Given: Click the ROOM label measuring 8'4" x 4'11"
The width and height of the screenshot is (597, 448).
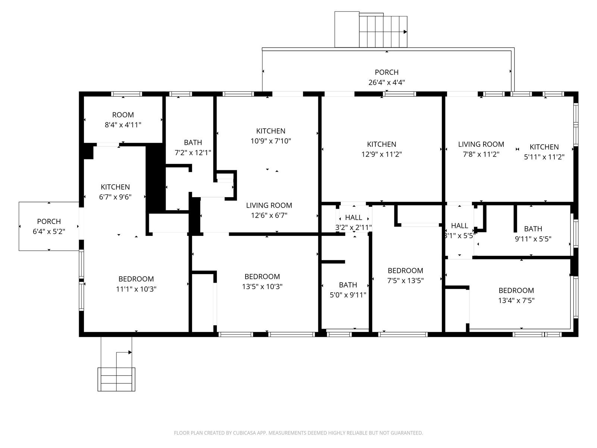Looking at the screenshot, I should pos(123,115).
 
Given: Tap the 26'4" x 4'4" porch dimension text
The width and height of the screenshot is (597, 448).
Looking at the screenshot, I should pos(387,83).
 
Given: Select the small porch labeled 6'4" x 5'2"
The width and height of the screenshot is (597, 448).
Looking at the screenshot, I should pos(49,226).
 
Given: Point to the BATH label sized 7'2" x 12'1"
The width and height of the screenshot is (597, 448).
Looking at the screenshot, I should pos(193,143).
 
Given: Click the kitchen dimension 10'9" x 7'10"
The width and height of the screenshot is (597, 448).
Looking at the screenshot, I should pos(271,141).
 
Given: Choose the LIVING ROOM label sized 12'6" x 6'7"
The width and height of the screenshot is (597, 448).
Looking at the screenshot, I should pos(269,205).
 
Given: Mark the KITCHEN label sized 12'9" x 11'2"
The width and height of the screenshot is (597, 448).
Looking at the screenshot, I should pos(381,144).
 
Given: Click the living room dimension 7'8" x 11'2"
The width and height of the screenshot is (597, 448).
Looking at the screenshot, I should pos(481,154).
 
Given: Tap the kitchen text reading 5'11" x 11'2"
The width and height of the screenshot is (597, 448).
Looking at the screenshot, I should pos(544,157).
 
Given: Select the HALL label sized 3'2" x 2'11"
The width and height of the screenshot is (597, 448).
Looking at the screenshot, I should pos(353,218).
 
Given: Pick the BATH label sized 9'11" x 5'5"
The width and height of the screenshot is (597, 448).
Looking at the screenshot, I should pos(533,229).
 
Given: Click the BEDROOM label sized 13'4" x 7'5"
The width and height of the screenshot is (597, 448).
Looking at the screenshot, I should pos(516,290).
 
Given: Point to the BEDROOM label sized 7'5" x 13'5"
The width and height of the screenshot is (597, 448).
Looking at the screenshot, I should pos(405,271).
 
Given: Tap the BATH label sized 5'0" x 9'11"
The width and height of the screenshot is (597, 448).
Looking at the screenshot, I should pos(348,285).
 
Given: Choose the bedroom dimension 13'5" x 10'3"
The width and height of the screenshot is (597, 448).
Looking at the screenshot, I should pos(262,287).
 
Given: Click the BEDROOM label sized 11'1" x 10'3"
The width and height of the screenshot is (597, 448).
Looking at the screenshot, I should pos(136,279).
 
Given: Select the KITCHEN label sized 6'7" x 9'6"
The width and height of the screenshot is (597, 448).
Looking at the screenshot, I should pos(115,187).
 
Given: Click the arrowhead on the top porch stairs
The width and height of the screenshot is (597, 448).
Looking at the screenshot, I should pos(405,32).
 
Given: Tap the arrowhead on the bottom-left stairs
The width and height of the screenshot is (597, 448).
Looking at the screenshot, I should pos(130,352).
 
